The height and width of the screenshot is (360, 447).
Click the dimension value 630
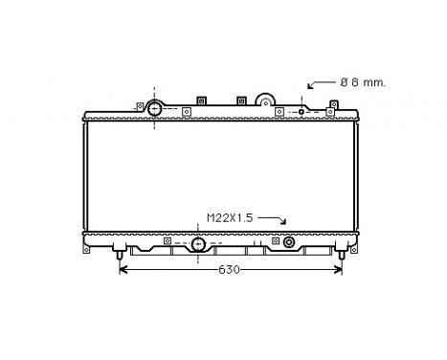pyautogui.click(x=226, y=269)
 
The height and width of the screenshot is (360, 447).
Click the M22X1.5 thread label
pyautogui.click(x=231, y=217)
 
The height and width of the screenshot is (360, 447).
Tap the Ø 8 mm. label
pyautogui.click(x=363, y=83)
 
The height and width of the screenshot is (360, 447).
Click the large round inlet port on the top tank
pyautogui.click(x=155, y=109)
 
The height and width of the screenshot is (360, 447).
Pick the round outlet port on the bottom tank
pyautogui.click(x=198, y=244)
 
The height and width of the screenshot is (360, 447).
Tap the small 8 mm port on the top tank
pyautogui.click(x=302, y=112)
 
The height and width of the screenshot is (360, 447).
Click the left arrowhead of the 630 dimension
pyautogui.click(x=123, y=269)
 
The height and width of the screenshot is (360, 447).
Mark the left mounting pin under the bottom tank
pyautogui.click(x=120, y=255)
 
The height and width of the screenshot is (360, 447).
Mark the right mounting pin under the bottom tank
pyautogui.click(x=342, y=255)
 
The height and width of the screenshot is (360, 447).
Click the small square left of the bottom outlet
pyautogui.click(x=167, y=241)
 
